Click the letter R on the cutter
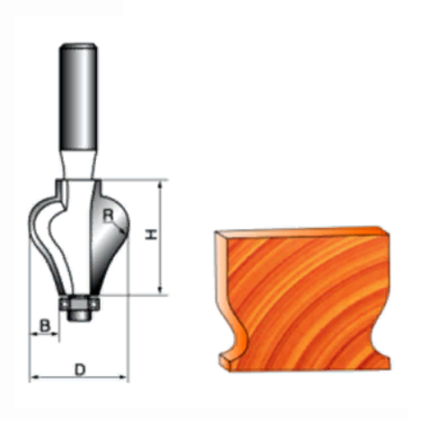click(108, 215)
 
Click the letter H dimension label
click(152, 234)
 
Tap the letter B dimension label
click(45, 326)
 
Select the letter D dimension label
click(80, 370)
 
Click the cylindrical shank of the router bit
click(78, 96)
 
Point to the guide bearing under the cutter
click(79, 303)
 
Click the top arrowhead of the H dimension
click(161, 185)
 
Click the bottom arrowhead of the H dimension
click(161, 289)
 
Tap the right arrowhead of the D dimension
click(123, 377)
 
